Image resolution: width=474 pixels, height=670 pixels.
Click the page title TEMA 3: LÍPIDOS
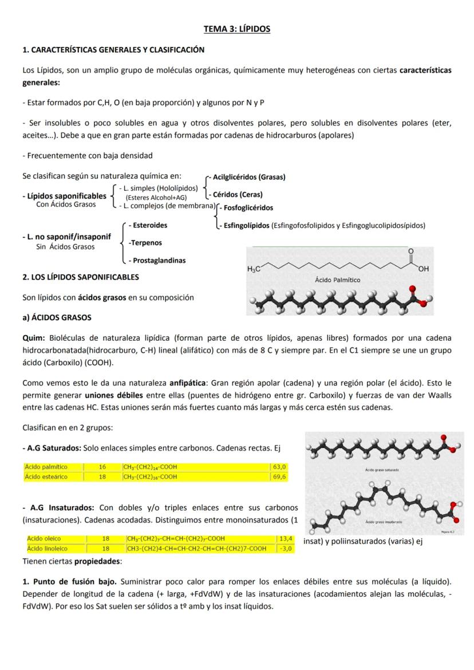coord(236,29)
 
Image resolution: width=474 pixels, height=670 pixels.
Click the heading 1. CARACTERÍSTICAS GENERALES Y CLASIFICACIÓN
coord(113,50)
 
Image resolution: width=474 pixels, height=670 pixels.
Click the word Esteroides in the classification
coord(149,225)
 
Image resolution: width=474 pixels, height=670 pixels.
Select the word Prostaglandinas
coord(159,261)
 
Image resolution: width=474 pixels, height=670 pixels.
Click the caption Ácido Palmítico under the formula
coord(338,281)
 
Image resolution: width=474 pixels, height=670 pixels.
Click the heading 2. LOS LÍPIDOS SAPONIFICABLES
coord(80,277)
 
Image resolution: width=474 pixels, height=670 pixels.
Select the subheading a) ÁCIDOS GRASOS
coord(57,317)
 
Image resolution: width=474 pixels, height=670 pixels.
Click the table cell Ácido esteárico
coord(46,476)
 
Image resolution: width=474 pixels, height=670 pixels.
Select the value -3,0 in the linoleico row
coord(285,549)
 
